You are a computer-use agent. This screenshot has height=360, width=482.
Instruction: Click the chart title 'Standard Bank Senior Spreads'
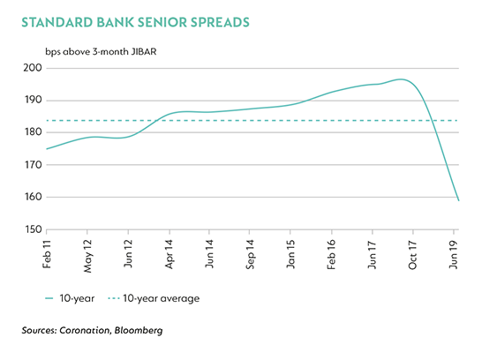pos(135,22)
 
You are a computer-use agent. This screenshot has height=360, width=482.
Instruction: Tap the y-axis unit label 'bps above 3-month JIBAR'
pos(101,51)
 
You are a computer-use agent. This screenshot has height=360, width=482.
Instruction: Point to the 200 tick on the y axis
pos(33,68)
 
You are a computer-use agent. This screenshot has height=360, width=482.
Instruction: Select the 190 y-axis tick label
pos(33,100)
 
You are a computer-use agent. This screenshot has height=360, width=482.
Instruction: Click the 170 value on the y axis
pos(33,165)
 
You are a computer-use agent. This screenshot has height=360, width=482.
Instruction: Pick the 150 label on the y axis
pos(33,229)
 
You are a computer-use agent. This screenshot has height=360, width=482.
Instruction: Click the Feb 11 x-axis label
pos(47,254)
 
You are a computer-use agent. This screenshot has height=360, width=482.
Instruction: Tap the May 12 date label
pos(87,256)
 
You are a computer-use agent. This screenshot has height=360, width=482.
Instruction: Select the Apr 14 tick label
pos(169,254)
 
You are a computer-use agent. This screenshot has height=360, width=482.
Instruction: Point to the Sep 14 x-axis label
pos(250,254)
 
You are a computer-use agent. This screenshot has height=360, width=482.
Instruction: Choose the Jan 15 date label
pos(290,254)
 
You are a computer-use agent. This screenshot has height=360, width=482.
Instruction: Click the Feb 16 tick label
pos(331,255)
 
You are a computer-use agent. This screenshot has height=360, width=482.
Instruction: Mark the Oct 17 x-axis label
pos(412,255)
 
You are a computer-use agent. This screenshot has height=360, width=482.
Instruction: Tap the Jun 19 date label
pos(454,254)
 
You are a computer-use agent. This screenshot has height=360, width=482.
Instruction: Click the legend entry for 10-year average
pos(154,298)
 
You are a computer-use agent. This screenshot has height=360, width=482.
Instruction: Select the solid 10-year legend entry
pos(70,298)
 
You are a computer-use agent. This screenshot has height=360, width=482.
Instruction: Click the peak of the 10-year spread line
pos(401,79)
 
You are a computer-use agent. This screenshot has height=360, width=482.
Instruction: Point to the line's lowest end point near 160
pos(459,200)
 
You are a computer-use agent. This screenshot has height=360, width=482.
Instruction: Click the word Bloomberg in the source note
pos(139,331)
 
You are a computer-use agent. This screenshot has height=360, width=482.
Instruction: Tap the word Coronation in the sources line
pos(85,330)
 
